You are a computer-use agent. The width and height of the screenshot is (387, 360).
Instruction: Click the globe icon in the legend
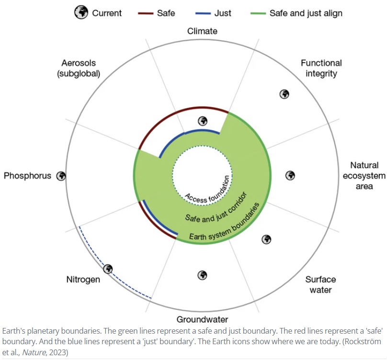point(81,13)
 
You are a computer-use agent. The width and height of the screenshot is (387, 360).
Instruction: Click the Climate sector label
point(202,32)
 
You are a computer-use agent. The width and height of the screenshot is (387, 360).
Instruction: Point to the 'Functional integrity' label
point(321,68)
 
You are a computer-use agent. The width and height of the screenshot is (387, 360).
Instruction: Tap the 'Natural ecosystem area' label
point(364,175)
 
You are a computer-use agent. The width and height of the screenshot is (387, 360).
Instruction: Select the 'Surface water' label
point(320,284)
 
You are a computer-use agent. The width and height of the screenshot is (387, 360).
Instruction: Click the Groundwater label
point(202,319)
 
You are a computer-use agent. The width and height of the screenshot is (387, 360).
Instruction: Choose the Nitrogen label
point(83,279)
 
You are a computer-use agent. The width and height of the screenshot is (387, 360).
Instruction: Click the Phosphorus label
point(27,176)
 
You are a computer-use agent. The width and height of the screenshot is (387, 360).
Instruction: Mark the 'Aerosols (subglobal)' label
point(79,68)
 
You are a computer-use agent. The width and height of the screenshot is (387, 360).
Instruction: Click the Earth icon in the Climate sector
point(203,121)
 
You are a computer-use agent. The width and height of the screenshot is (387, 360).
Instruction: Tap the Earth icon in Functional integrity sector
point(284,94)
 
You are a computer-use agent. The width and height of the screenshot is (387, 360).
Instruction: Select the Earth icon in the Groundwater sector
point(203,275)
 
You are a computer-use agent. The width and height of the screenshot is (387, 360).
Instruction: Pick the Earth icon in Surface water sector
point(267,239)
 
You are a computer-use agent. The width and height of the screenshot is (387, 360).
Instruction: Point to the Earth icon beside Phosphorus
point(61,176)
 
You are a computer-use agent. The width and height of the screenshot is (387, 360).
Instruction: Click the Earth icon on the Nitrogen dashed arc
point(108,269)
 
